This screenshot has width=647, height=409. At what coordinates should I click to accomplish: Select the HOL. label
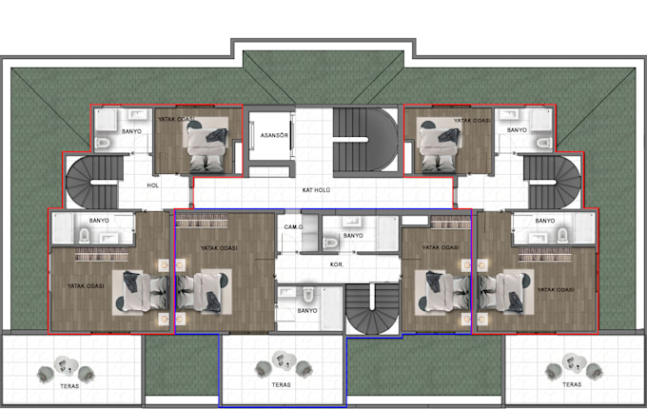pyautogui.click(x=152, y=186)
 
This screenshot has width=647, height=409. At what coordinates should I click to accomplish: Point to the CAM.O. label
pyautogui.click(x=293, y=228)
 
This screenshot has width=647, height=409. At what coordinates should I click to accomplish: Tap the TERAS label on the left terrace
pyautogui.click(x=68, y=385)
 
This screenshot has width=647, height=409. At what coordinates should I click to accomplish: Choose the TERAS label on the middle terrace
pyautogui.click(x=280, y=385)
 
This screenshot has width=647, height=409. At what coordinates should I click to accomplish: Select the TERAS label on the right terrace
pyautogui.click(x=571, y=385)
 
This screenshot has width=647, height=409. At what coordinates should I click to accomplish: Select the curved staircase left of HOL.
pyautogui.click(x=91, y=183)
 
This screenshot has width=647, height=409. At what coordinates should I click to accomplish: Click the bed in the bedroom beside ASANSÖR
pyautogui.click(x=207, y=147)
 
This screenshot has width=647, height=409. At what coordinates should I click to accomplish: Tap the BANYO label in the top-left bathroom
pyautogui.click(x=133, y=130)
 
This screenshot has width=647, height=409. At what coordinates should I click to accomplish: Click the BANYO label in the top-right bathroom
pyautogui.click(x=517, y=129)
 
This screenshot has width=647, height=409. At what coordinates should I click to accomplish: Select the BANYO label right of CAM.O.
pyautogui.click(x=353, y=235)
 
